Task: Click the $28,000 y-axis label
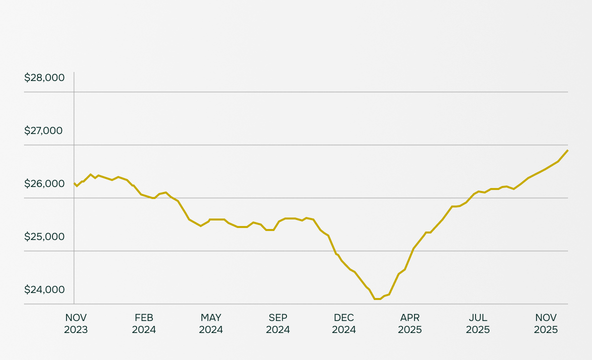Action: [x=44, y=77]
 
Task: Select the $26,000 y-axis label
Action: [x=44, y=183]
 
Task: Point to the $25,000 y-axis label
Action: [x=44, y=236]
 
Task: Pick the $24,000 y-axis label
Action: [x=44, y=289]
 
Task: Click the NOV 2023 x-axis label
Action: [x=76, y=323]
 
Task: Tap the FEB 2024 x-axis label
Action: [x=144, y=323]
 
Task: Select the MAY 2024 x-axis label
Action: [x=211, y=323]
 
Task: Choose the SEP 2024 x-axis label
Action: [x=278, y=323]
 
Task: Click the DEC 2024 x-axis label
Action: [x=344, y=323]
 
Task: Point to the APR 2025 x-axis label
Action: [x=410, y=323]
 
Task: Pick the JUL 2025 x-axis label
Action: [x=478, y=323]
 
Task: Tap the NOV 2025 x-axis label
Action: [x=546, y=323]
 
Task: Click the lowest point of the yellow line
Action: [x=377, y=299]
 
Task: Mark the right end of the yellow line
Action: [x=567, y=150]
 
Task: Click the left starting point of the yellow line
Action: [x=74, y=183]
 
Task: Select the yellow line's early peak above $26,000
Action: [x=90, y=174]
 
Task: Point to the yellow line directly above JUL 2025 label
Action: [x=478, y=191]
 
